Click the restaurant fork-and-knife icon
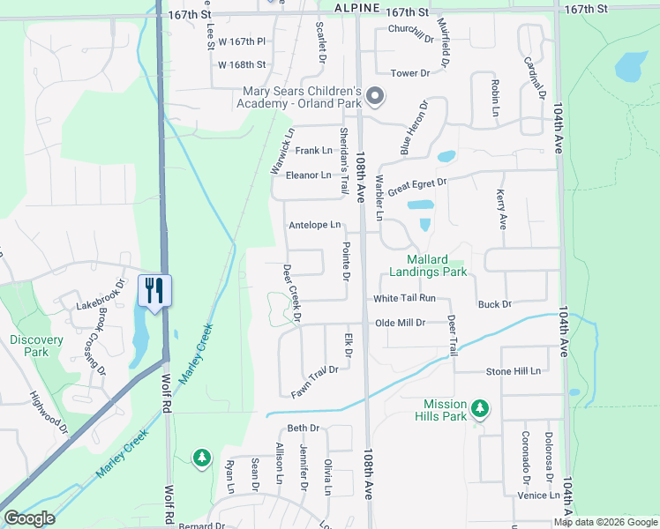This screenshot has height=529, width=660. (155, 290)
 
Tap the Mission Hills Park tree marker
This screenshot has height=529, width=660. (480, 407)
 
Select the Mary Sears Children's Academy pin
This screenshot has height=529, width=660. (375, 95)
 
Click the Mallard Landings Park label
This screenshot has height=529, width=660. (424, 265)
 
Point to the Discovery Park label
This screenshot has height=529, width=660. (36, 346)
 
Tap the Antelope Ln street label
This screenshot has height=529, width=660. (314, 226)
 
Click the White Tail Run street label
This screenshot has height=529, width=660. (404, 299)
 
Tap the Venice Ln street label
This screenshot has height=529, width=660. (538, 495)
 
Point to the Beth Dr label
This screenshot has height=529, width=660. (302, 428)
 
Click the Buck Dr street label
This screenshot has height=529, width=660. (494, 305)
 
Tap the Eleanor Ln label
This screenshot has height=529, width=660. (308, 175)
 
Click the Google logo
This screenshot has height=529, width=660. (29, 518)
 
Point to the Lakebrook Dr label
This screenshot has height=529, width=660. (96, 301)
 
